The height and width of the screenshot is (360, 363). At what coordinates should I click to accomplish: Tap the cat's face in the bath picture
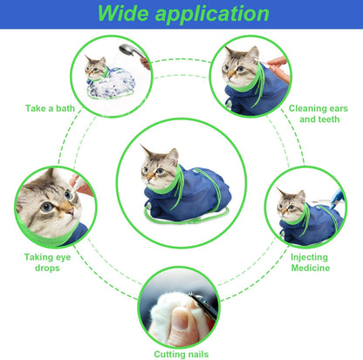pyautogui.click(x=96, y=67)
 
